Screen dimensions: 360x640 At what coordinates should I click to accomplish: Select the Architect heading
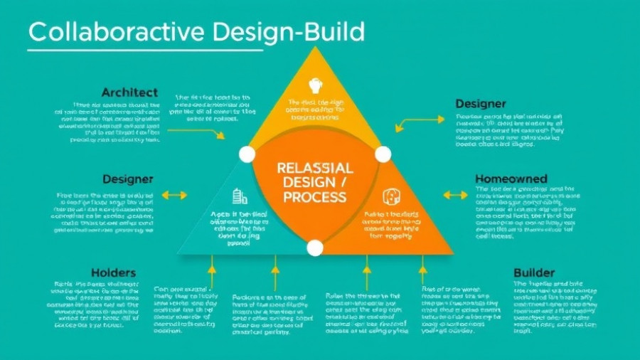129,92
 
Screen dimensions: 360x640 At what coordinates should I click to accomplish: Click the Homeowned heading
511,179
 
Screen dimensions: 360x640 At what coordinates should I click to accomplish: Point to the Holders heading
113,272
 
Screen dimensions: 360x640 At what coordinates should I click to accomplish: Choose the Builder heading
534,272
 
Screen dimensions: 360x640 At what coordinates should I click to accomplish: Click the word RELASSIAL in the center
314,169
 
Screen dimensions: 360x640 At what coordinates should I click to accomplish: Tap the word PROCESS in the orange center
314,197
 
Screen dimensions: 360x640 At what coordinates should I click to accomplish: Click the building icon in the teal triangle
240,196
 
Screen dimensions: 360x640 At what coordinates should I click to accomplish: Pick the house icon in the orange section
390,197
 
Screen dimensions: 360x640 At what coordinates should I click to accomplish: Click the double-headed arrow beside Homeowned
456,195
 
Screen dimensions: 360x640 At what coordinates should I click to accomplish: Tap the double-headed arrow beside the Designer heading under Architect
174,195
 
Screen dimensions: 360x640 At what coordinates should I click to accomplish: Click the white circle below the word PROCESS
315,248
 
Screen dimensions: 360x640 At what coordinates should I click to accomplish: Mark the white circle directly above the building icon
247,154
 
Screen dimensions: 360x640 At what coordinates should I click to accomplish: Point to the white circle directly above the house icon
383,154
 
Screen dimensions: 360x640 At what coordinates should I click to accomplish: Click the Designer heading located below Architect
129,179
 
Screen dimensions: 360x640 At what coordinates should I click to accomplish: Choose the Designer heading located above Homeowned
481,105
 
